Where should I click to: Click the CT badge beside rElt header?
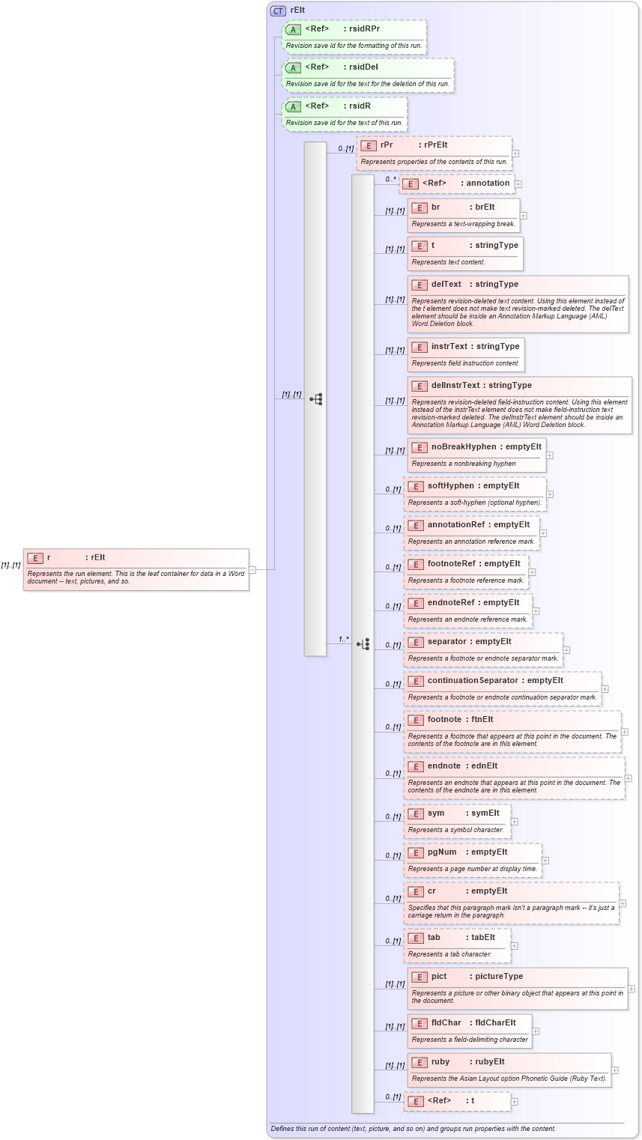pyautogui.click(x=278, y=10)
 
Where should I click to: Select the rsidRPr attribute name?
pyautogui.click(x=364, y=28)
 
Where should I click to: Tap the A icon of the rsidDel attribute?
pyautogui.click(x=293, y=67)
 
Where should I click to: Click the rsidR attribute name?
pyautogui.click(x=360, y=106)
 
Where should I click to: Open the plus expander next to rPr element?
pyautogui.click(x=515, y=154)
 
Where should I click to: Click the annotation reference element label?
pyautogui.click(x=488, y=183)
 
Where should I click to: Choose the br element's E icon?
pyautogui.click(x=420, y=207)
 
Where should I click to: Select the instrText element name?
pyautogui.click(x=449, y=346)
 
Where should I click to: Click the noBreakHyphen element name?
pyautogui.click(x=464, y=446)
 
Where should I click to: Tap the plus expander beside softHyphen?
pyautogui.click(x=550, y=494)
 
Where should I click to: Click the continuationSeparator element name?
pyautogui.click(x=473, y=680)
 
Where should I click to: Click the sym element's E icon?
pyautogui.click(x=416, y=813)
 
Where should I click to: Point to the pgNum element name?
pyautogui.click(x=442, y=852)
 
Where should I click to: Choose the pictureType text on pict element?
pyautogui.click(x=496, y=976)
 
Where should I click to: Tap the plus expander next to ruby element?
pyautogui.click(x=615, y=1070)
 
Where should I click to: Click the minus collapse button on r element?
pyautogui.click(x=252, y=569)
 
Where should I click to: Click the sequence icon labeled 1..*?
pyautogui.click(x=363, y=644)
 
